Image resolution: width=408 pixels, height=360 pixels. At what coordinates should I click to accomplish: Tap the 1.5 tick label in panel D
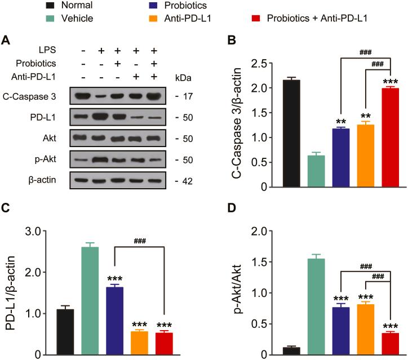260,262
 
